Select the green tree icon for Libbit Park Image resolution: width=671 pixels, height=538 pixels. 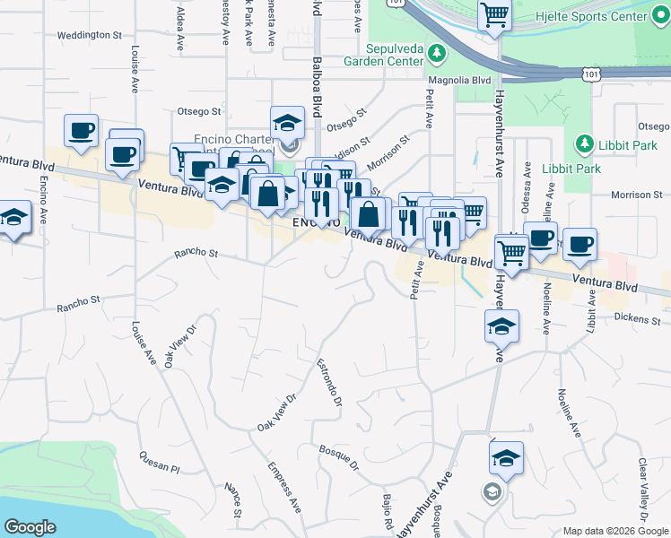click(x=584, y=144)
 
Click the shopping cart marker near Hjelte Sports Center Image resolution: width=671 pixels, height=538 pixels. click(x=494, y=15)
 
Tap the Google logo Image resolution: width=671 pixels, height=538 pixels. click(x=30, y=526)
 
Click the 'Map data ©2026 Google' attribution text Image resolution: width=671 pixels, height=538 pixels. click(x=614, y=530)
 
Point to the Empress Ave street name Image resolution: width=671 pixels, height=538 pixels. click(x=283, y=487)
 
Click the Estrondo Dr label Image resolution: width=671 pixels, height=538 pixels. click(x=329, y=382)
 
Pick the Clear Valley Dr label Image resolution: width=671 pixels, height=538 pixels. click(x=643, y=488)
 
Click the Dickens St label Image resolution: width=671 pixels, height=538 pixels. click(x=638, y=319)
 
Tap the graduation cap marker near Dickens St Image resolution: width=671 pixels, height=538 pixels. click(x=502, y=326)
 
